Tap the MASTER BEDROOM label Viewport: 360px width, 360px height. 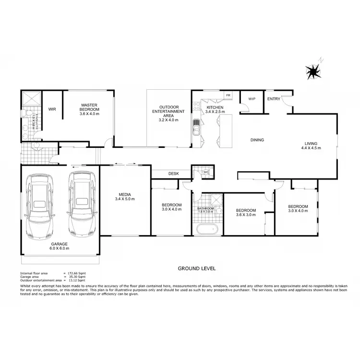coord(90,108)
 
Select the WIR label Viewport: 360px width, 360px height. coord(52,109)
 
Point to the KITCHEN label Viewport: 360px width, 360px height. coord(215,109)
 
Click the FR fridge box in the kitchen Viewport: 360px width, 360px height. coord(228,96)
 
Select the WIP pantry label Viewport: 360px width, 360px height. coord(252,99)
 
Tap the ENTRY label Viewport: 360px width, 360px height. coord(274,99)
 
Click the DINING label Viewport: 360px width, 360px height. coord(257,140)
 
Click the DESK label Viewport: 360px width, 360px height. coord(173,174)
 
